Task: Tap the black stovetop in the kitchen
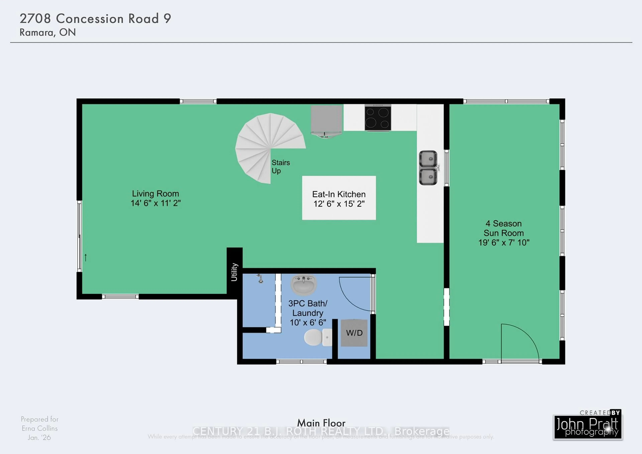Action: pos(378,117)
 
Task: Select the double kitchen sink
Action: pos(428,168)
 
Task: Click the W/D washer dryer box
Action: pos(354,333)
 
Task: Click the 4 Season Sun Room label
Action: pos(504,233)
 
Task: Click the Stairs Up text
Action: pos(280,166)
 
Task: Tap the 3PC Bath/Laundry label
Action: pos(308,313)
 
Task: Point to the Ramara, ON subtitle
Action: pos(47,32)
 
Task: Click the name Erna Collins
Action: pos(40,428)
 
